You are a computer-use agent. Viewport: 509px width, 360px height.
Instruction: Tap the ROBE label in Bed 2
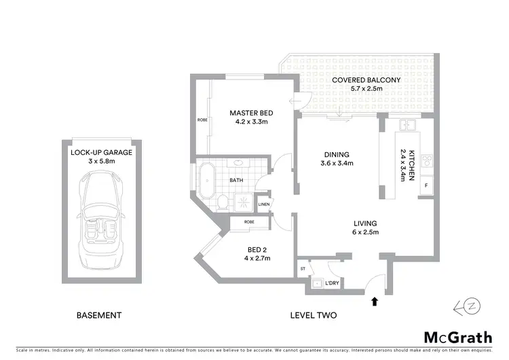pos(249,221)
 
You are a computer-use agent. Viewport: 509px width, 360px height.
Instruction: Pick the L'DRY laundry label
pos(332,283)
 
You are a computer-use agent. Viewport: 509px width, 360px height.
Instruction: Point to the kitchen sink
pos(407,125)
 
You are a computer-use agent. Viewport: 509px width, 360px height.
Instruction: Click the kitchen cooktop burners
pos(428,162)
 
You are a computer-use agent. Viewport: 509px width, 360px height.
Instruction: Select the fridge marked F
pos(426,185)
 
